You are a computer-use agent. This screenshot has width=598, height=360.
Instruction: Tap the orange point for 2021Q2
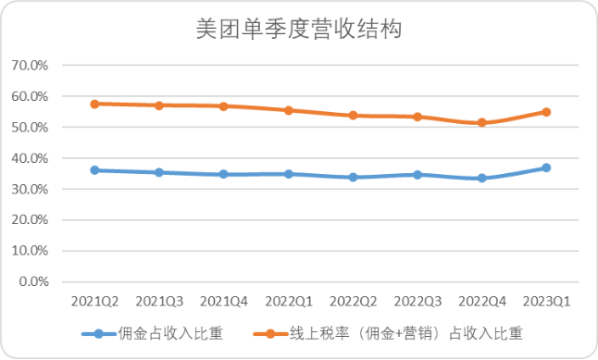coord(94,104)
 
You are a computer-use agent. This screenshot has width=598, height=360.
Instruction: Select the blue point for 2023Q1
coord(546,168)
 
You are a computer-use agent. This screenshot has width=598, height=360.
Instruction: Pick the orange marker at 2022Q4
coord(481,122)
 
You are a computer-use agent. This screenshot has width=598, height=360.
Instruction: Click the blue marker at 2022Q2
coord(353,177)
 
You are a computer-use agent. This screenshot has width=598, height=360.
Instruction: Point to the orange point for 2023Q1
coord(546,112)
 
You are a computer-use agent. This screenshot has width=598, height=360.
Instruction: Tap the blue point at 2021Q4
coord(223,174)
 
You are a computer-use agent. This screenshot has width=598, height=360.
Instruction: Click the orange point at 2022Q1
coord(288,110)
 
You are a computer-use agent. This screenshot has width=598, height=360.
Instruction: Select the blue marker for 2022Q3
coord(417,174)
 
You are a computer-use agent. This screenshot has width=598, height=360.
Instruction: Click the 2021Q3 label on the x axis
coord(158,302)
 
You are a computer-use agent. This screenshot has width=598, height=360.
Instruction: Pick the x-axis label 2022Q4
coord(481,302)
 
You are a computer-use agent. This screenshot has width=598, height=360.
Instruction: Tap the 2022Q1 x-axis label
coord(288,302)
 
